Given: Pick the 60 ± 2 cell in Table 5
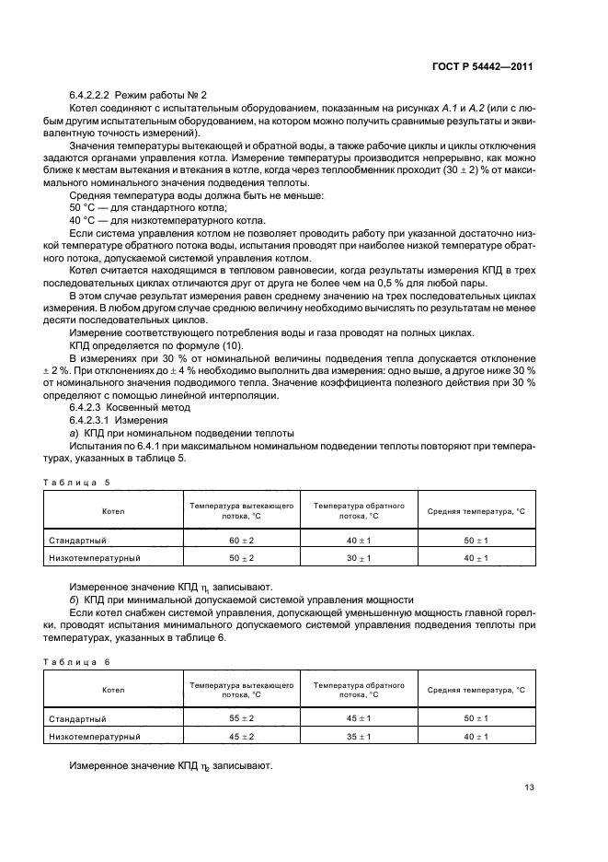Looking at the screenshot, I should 241,540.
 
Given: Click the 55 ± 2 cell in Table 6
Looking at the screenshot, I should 241,718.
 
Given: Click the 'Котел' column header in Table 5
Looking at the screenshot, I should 113,511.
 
